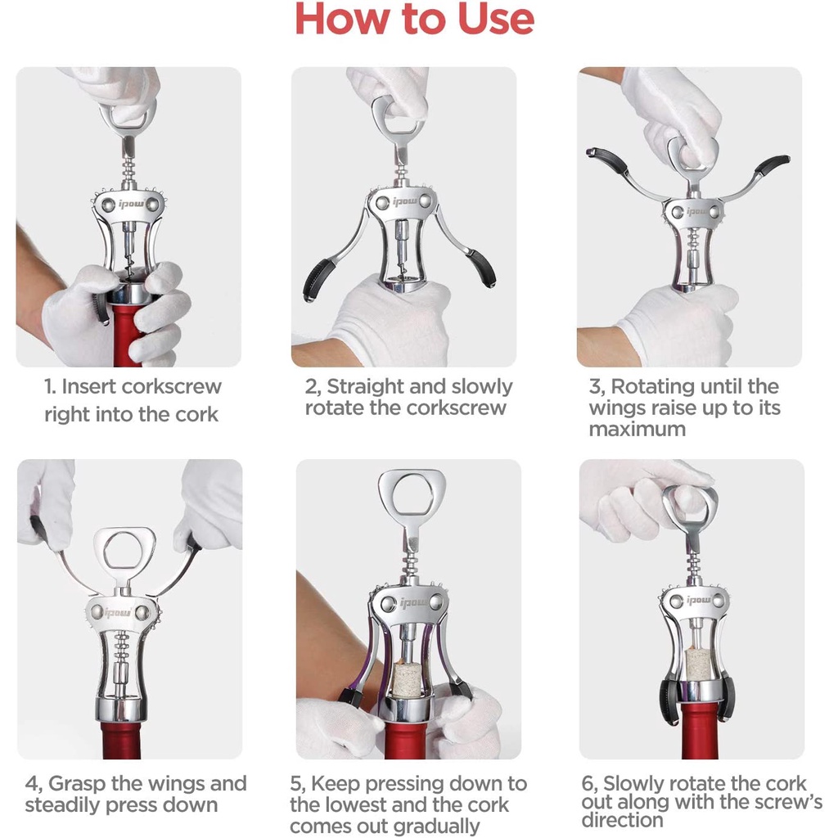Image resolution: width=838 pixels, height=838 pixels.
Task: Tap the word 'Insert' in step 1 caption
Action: [x=95, y=387]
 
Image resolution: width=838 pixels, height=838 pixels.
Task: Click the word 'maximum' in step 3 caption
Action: [x=638, y=429]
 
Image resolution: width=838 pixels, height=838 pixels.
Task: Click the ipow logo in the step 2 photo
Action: [x=403, y=201]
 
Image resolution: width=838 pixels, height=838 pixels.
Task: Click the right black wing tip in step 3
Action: [x=772, y=163]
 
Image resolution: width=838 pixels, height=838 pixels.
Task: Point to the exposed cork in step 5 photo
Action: [x=407, y=678]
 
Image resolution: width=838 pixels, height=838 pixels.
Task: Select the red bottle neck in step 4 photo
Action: [x=123, y=740]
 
